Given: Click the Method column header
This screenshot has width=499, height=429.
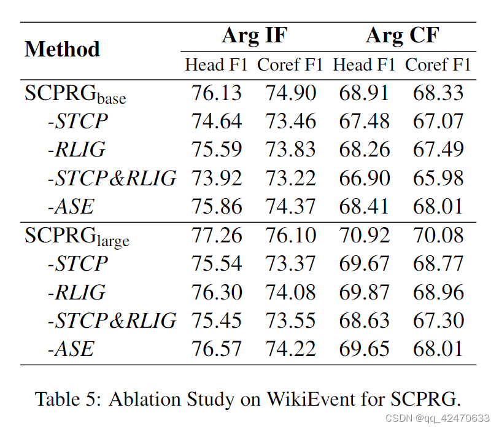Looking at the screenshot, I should click(62, 49).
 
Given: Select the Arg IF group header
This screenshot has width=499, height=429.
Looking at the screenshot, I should click(253, 36).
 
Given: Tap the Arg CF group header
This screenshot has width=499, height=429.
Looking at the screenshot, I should click(402, 36).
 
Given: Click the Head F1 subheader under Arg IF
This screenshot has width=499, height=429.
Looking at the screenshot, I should click(216, 65).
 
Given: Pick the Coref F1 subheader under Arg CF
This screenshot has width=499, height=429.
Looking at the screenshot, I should click(438, 65).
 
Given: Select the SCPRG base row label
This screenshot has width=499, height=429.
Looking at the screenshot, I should click(75, 94).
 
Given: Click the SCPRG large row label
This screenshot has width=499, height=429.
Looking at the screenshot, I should click(77, 236).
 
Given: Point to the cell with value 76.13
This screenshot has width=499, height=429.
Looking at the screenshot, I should click(217, 93).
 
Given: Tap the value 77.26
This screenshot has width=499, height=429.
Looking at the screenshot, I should click(217, 235).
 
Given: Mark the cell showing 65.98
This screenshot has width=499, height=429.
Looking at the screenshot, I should click(438, 178).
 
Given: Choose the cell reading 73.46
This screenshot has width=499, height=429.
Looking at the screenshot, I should click(290, 122).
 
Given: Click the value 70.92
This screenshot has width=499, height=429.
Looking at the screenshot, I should click(365, 235).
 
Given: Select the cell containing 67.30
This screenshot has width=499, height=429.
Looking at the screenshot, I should click(438, 320).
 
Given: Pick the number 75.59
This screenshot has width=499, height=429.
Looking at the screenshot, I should click(217, 150).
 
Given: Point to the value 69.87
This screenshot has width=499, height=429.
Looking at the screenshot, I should click(365, 292).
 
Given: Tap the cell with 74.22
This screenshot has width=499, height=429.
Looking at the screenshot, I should click(290, 349).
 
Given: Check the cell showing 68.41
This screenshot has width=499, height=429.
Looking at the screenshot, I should click(365, 206).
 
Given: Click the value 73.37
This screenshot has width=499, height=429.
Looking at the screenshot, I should click(290, 264).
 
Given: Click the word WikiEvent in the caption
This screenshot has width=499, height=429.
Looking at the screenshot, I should click(304, 399).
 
